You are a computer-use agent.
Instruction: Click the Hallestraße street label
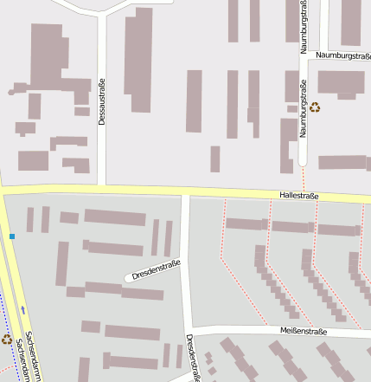pyautogui.click(x=299, y=197)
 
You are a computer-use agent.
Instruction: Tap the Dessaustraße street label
pyautogui.click(x=102, y=102)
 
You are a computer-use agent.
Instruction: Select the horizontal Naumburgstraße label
pyautogui.click(x=343, y=55)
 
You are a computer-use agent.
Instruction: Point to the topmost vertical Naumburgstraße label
pyautogui.click(x=304, y=28)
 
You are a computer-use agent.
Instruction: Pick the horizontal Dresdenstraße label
pyautogui.click(x=157, y=269)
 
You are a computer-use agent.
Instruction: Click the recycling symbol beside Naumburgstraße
pyautogui.click(x=315, y=108)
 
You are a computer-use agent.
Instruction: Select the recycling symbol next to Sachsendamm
pyautogui.click(x=7, y=340)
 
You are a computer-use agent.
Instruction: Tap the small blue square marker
pyautogui.click(x=12, y=236)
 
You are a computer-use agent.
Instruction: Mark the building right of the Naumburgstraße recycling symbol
pyautogui.click(x=341, y=82)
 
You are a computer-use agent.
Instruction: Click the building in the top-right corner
pyautogui.click(x=350, y=22)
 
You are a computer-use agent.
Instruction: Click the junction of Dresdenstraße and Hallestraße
pyautogui.click(x=185, y=193)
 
